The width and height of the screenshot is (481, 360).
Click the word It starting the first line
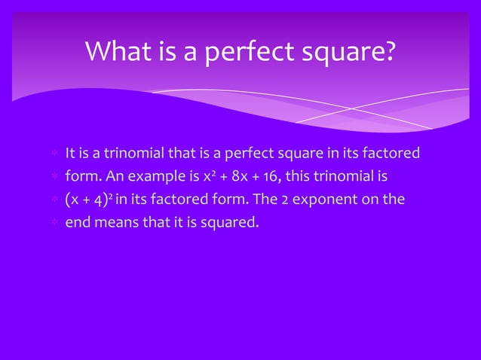[x=70, y=155]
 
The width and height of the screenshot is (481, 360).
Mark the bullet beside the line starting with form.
[x=54, y=178]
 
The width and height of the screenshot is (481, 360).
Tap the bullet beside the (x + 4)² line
[x=54, y=201]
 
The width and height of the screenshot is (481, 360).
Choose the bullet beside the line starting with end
[x=54, y=223]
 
